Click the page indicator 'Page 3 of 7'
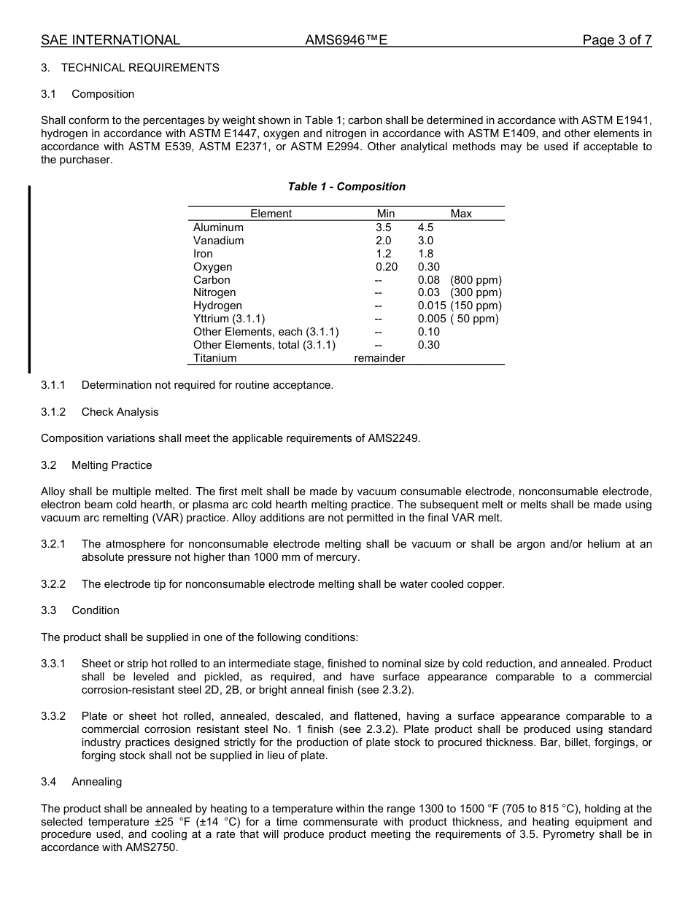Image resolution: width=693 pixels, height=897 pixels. tap(616, 40)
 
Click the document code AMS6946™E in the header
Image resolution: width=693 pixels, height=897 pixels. tap(346, 40)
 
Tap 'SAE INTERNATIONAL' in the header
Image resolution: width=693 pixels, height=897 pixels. tap(110, 40)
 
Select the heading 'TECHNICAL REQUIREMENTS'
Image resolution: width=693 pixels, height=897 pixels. tap(140, 68)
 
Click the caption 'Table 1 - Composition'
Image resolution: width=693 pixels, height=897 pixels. tap(346, 187)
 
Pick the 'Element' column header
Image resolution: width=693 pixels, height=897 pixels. tap(271, 214)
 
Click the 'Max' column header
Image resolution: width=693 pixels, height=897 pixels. tap(461, 214)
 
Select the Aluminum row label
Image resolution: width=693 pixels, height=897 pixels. tap(218, 228)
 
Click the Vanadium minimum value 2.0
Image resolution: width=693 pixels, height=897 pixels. tap(384, 241)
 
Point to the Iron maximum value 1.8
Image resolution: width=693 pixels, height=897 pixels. tap(425, 254)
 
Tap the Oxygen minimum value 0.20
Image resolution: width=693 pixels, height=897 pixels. tap(387, 267)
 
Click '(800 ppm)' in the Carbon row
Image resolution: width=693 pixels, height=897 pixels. tap(476, 280)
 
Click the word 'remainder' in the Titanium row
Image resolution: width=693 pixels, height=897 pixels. tap(379, 358)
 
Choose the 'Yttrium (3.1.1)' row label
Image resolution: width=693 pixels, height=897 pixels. tap(229, 319)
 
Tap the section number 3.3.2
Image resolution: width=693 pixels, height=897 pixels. tap(53, 716)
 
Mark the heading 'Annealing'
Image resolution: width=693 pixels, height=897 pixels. tap(96, 782)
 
